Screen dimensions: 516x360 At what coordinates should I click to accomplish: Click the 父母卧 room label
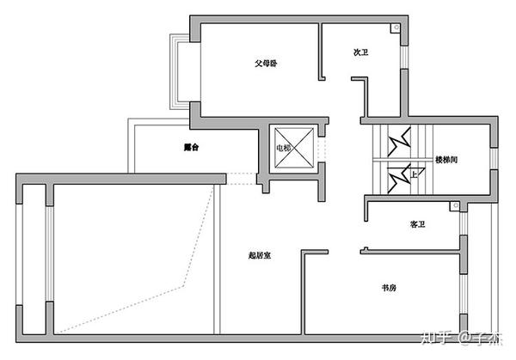(x=265, y=64)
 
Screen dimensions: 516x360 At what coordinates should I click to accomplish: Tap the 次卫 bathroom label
(x=361, y=52)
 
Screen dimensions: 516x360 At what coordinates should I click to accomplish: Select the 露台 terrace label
(x=191, y=147)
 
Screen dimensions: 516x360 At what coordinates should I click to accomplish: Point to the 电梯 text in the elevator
(x=283, y=148)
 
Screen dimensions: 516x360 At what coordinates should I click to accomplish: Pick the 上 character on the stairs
(x=415, y=173)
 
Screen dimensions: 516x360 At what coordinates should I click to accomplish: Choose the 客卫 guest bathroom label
(x=418, y=224)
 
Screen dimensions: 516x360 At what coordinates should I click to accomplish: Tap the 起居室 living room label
(x=259, y=255)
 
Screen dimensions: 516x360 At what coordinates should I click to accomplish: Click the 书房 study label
(x=389, y=287)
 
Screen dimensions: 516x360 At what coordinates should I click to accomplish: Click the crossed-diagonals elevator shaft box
(x=293, y=148)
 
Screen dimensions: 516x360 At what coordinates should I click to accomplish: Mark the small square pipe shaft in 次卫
(x=396, y=27)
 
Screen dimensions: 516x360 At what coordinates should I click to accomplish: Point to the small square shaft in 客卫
(x=457, y=207)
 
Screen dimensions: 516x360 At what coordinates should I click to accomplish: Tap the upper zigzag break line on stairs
(x=398, y=143)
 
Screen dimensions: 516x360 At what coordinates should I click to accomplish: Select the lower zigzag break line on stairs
(x=398, y=180)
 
